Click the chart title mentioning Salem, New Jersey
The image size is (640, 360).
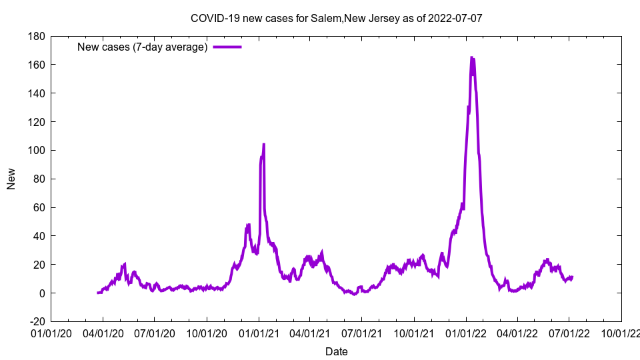[x=336, y=18]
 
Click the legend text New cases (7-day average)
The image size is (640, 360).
[x=143, y=47]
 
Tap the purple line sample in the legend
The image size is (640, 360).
[x=227, y=47]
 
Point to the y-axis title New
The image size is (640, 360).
[x=11, y=179]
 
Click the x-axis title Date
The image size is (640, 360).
[x=336, y=351]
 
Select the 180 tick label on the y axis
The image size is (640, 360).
[x=36, y=36]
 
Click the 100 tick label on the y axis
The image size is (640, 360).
[x=36, y=150]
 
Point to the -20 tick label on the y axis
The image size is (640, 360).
[x=36, y=321]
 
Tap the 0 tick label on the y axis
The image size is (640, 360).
[x=41, y=293]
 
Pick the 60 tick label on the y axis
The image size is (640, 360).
[x=39, y=207]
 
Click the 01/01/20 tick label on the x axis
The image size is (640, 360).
[x=51, y=331]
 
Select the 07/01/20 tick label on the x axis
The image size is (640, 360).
[x=155, y=331]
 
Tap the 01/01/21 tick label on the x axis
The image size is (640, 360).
[x=259, y=331]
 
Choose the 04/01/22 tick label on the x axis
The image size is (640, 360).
[x=517, y=331]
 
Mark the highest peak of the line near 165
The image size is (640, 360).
[x=472, y=58]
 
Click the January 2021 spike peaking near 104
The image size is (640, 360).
[x=264, y=144]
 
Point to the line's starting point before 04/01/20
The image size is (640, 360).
[x=98, y=293]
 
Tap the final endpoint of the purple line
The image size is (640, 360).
[x=572, y=277]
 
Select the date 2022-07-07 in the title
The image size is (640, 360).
[x=456, y=18]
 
